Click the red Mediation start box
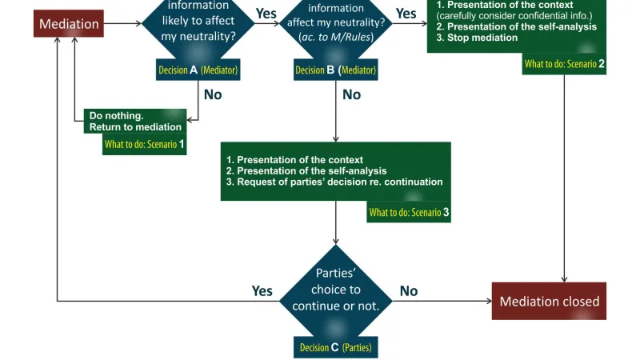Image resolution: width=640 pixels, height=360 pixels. (69, 24)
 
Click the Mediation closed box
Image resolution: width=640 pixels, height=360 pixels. (549, 302)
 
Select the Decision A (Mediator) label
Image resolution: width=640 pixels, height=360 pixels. (198, 70)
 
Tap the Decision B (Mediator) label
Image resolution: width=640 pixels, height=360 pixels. (335, 70)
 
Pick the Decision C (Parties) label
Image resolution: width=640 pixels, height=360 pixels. (335, 347)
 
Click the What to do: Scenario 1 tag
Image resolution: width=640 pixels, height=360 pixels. (145, 146)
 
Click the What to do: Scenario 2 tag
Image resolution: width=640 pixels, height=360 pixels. (564, 64)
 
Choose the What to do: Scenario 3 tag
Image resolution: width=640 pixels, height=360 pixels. (409, 212)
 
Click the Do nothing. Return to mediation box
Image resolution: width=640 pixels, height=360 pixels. (134, 121)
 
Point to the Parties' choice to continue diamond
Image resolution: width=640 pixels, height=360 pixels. (335, 290)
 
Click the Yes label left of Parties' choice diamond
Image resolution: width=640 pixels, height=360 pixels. (262, 291)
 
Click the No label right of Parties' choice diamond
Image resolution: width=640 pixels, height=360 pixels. (408, 291)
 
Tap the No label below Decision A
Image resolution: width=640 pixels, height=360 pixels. (213, 94)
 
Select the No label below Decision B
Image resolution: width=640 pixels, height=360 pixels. (351, 94)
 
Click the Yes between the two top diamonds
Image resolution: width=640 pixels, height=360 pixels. (266, 14)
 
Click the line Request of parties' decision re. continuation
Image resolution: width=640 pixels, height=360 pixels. (334, 182)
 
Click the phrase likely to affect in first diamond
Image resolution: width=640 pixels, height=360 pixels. (198, 20)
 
